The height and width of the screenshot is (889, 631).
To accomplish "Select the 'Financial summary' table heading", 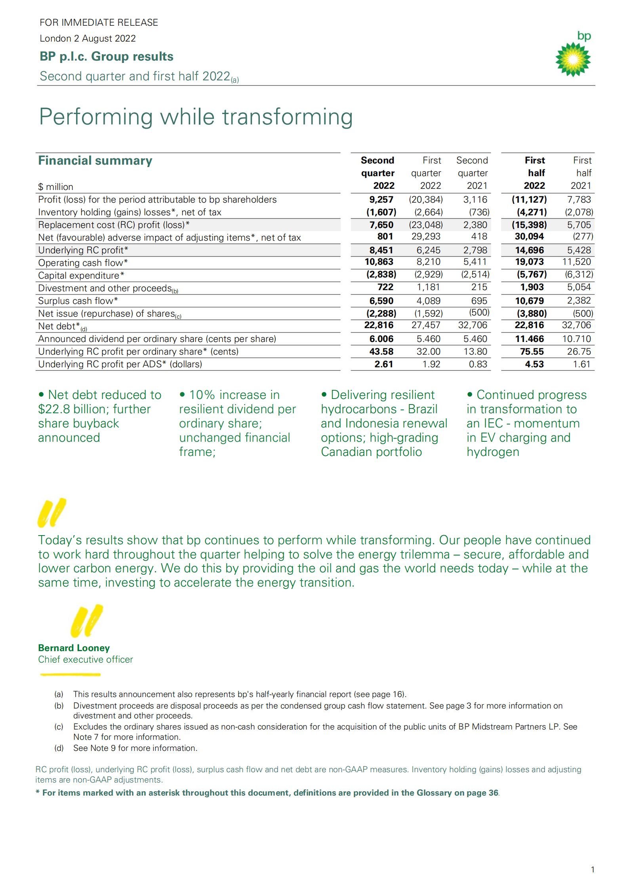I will point(95,161).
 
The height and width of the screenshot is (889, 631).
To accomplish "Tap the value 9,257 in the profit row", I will point(381,199).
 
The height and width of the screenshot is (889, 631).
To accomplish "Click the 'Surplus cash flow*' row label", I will point(78,301).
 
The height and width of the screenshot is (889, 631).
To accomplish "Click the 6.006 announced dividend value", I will point(381,339).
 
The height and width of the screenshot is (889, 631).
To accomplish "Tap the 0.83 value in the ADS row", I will point(478,364).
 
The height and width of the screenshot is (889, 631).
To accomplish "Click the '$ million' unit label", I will point(55,187).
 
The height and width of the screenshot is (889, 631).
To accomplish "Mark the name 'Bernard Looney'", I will point(74,648).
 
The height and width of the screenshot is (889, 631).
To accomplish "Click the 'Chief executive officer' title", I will point(85,659).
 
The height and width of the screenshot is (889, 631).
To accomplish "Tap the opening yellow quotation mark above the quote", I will point(51,513).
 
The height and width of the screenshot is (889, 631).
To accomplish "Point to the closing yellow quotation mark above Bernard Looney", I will point(86,621).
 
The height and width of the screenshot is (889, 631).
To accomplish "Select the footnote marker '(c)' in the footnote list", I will point(59,727).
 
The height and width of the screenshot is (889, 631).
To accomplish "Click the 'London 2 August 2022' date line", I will point(88,38).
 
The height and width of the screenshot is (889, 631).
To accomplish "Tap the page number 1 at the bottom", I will point(593,870).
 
